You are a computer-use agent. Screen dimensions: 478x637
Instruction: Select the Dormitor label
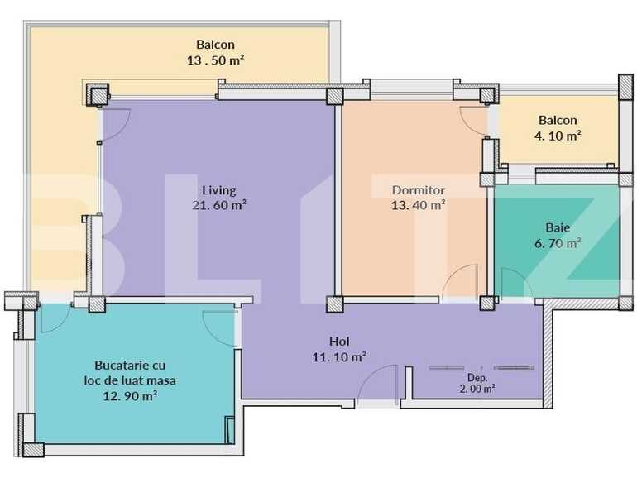point(419,189)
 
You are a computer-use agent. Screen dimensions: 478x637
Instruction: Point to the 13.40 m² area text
point(419,204)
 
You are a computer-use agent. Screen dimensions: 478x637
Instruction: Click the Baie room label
point(557,227)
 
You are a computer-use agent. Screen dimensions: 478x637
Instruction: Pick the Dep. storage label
point(478,377)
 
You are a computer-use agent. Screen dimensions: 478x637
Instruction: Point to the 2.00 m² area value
point(478,388)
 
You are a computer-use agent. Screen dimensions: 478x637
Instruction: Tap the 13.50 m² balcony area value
point(215,60)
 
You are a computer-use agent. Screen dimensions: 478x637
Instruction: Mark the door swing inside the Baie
point(515,283)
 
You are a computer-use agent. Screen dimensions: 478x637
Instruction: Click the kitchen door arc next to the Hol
point(222,327)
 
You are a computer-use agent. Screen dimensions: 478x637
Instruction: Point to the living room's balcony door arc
point(116,122)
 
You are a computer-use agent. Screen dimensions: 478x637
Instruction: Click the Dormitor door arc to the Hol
point(461,281)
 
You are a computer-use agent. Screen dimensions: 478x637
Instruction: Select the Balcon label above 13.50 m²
point(215,45)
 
